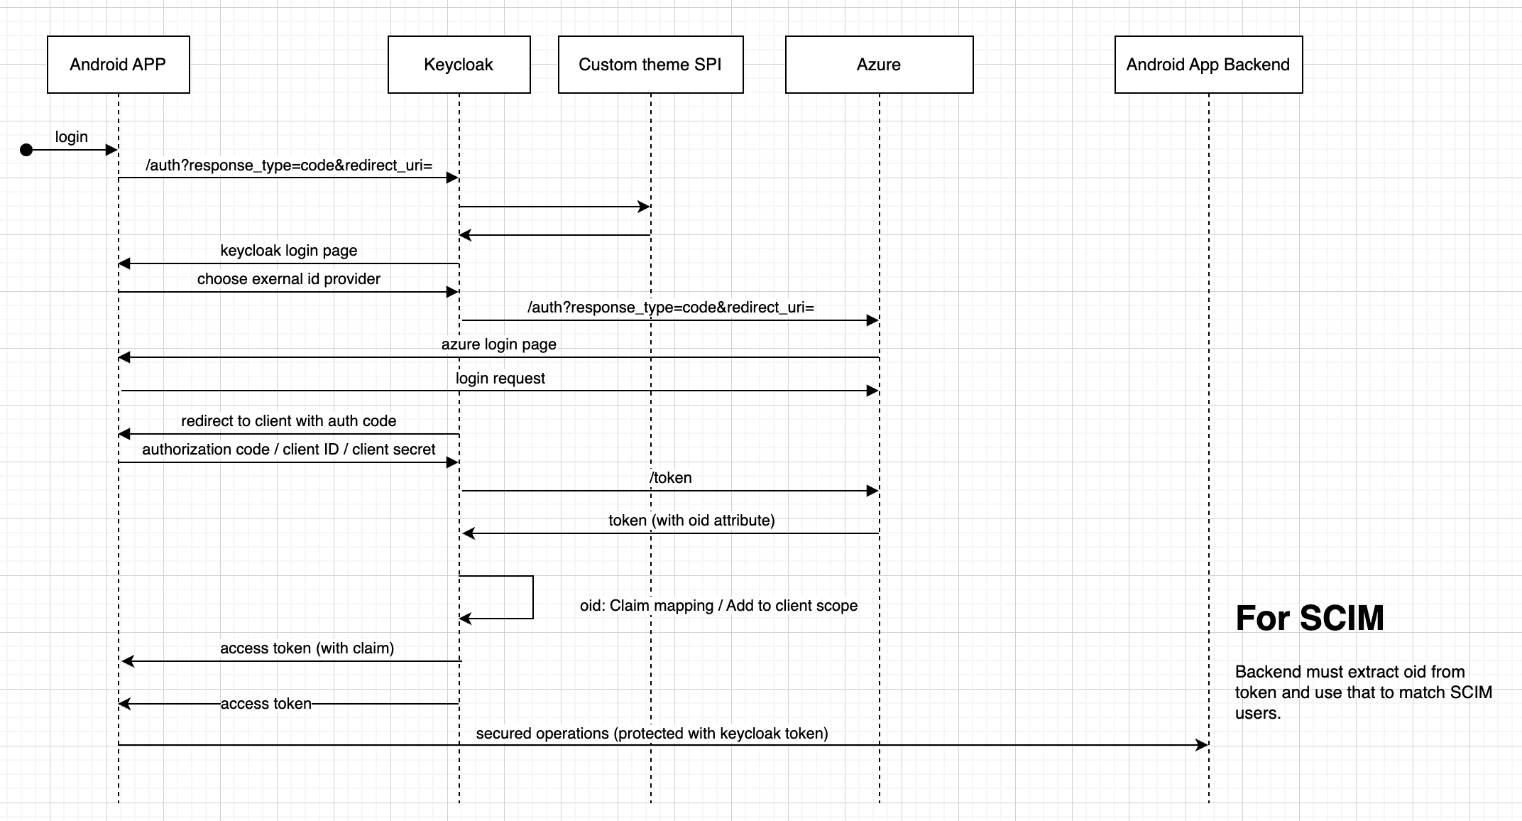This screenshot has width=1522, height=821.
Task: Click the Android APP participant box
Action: point(118,65)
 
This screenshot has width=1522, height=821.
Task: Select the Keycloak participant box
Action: point(459,65)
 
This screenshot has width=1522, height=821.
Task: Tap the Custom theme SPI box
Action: point(650,65)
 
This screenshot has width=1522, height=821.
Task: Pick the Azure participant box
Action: point(879,65)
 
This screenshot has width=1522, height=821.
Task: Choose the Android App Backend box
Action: point(1208,65)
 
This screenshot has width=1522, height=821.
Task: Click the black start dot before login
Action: point(26,150)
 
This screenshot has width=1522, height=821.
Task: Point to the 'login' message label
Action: point(72,137)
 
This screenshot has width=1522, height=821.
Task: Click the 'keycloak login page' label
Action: point(288,251)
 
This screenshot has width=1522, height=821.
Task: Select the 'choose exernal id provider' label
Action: point(288,279)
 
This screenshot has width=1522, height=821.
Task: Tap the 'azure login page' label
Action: point(498,344)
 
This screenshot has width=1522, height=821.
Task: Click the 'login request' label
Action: point(500,379)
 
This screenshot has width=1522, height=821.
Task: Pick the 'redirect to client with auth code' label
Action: point(288,421)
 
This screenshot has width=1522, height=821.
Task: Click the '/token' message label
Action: point(670,478)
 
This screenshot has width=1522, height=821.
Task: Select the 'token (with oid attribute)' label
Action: point(691,521)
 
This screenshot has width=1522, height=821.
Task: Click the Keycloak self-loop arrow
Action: point(532,597)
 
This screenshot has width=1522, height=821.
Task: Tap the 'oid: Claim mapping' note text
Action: point(718,606)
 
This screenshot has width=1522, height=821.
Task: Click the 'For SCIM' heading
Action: point(1310,618)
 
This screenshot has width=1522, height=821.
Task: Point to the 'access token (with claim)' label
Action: point(307,648)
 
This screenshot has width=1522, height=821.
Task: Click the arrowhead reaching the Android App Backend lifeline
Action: point(1202,745)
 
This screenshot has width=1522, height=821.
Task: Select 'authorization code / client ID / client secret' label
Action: point(288,450)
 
